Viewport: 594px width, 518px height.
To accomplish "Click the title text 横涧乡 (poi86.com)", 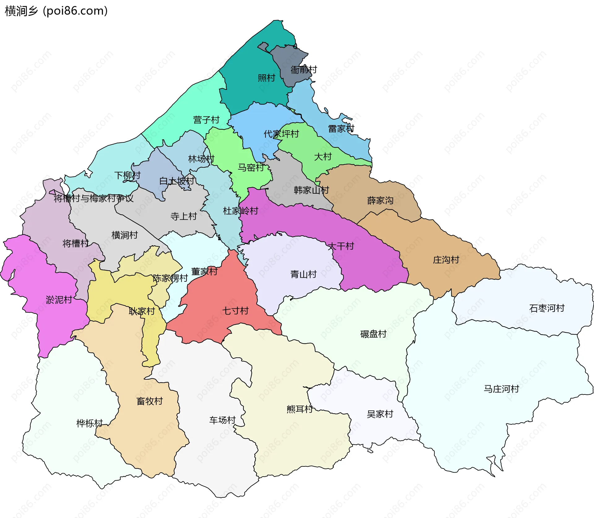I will coord(56,11).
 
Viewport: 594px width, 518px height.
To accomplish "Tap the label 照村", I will coord(266,78).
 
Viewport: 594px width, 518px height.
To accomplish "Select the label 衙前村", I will coord(304,70).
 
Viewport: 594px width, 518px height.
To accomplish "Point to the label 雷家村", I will coord(341,129).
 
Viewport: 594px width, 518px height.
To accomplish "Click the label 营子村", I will coord(206,120).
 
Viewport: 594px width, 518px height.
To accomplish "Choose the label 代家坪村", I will coord(281,134).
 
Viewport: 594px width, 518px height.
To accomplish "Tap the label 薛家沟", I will coord(380,201).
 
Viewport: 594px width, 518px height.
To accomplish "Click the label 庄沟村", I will coord(446,260).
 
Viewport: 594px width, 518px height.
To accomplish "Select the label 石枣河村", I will coord(547,308).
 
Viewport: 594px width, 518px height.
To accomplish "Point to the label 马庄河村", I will coord(501,389).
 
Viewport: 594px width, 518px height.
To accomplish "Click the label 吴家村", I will coord(380,414).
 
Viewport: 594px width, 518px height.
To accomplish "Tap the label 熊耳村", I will coord(299,409).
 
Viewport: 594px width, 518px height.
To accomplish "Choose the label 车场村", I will coord(222,420).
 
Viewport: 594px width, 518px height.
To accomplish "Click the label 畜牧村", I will coord(150,401).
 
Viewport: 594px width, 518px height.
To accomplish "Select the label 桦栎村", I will coord(89,423).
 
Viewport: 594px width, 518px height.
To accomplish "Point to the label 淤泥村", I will coord(59,300).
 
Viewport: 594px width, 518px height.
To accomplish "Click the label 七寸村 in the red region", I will coord(235,311).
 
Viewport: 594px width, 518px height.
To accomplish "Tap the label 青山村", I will coord(303,274).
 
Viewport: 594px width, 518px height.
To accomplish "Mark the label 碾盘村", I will coord(373,334).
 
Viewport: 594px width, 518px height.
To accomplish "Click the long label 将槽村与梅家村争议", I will coord(93,198).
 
